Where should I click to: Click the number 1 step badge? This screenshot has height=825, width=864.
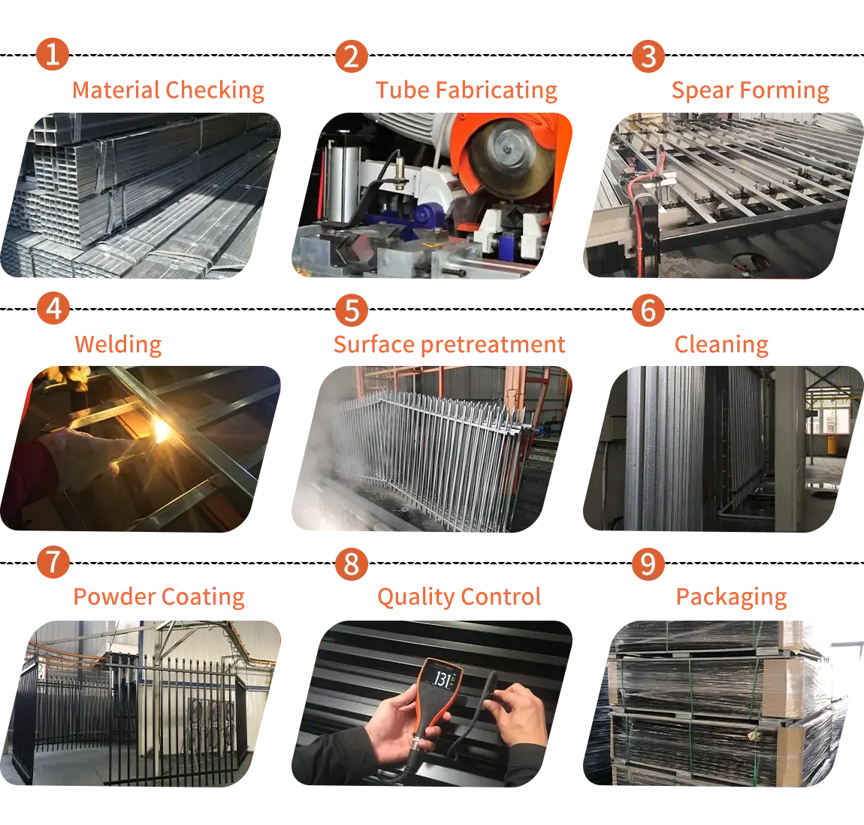click(x=53, y=56)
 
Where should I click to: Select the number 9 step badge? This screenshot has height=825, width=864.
click(x=648, y=564)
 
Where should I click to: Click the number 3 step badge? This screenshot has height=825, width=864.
click(x=648, y=57)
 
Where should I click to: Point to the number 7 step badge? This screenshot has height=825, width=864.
click(x=53, y=564)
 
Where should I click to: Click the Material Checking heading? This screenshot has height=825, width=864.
click(x=168, y=91)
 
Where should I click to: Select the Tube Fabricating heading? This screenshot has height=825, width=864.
click(x=467, y=91)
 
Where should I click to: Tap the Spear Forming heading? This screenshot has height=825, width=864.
click(x=749, y=91)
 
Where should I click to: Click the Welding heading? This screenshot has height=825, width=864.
click(x=117, y=344)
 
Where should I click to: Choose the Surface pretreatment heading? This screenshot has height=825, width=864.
click(x=448, y=344)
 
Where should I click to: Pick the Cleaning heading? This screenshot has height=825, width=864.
click(x=721, y=344)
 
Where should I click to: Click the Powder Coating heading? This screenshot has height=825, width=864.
click(x=159, y=597)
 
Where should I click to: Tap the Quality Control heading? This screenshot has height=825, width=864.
click(x=458, y=597)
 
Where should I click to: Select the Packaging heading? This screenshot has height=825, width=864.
click(x=730, y=597)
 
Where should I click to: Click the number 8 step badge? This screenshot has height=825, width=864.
click(x=351, y=564)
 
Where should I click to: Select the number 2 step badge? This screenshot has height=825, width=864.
click(x=351, y=57)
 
